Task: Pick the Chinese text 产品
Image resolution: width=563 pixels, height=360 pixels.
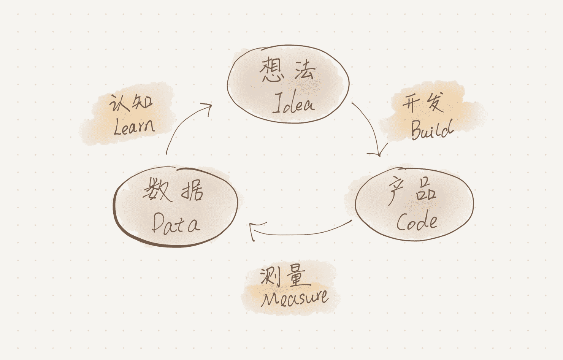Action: coord(412,190)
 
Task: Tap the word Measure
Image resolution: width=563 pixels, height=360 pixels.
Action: coord(295,297)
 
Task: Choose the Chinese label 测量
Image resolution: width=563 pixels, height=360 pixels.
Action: coord(283,275)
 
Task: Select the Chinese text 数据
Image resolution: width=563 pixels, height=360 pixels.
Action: coord(173,190)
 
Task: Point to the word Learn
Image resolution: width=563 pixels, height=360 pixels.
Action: coord(134,126)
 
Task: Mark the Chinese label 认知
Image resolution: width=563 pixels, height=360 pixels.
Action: coord(131,102)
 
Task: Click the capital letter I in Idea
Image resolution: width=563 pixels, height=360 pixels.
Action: coord(277,103)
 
